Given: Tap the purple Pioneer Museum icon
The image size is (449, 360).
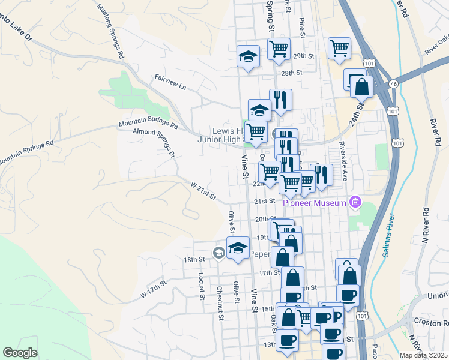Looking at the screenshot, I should point(355,202).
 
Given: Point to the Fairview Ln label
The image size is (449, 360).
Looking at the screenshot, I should point(170,83).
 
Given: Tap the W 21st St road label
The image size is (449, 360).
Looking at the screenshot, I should point(203,193).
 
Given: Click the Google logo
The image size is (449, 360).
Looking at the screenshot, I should point(20,353).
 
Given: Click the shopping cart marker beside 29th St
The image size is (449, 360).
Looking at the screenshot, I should point(278,49).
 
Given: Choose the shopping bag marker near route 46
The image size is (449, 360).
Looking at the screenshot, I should point(362,88).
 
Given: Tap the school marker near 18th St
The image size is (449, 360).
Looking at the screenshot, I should point(238,248).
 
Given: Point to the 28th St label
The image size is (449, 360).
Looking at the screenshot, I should point(290,73).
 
